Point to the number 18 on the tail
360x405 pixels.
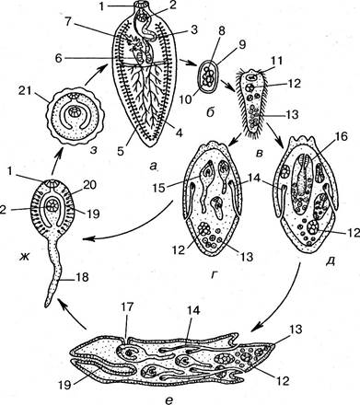(81, 277)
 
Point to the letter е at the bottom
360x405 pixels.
(169, 399)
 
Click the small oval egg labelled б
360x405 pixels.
(208, 77)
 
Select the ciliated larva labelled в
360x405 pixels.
(253, 103)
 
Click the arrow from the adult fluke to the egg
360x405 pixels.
(189, 63)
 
